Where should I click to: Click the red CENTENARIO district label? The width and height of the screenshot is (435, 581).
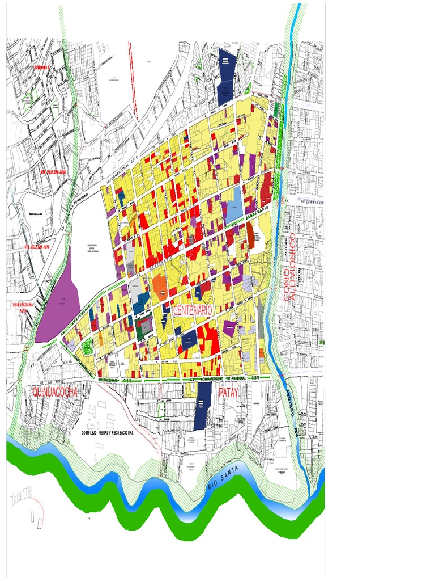click(193, 310)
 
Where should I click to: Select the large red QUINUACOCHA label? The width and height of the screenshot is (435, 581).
click(54, 392)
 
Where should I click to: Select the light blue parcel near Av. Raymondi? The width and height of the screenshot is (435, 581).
click(232, 207)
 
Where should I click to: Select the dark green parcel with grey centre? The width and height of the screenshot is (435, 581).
click(145, 327)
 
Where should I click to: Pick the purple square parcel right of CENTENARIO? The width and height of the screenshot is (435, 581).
click(229, 326)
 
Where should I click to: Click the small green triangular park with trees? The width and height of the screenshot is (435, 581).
click(87, 344)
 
